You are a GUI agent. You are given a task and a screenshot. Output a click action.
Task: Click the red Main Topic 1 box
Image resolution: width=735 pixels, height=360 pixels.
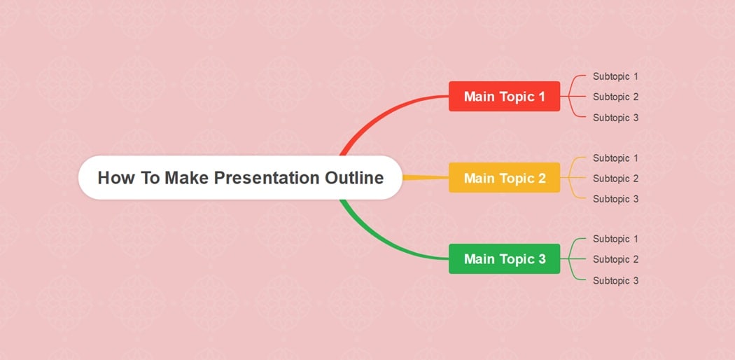click(x=504, y=97)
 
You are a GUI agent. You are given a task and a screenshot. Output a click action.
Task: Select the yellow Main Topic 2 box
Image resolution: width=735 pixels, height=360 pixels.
click(x=504, y=178)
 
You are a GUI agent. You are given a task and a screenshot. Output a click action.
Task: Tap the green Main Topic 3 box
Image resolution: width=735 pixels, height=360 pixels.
click(x=504, y=259)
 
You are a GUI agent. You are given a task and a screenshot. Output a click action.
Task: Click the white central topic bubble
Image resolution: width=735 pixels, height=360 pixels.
click(x=240, y=178)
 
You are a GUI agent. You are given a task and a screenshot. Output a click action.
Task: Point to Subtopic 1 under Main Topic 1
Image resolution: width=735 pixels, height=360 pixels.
click(x=615, y=76)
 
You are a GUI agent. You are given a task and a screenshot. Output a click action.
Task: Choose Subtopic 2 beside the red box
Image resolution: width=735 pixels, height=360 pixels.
click(x=615, y=97)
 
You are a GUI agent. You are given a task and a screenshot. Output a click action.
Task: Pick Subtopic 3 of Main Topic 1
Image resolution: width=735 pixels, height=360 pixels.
click(x=615, y=118)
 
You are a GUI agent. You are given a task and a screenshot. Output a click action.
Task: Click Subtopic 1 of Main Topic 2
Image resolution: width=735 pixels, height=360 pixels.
click(x=615, y=158)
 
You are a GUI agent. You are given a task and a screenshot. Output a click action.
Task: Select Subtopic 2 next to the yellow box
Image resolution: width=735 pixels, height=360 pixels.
click(x=615, y=179)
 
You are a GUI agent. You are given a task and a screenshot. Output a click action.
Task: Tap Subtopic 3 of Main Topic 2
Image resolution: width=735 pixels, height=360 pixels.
click(x=615, y=199)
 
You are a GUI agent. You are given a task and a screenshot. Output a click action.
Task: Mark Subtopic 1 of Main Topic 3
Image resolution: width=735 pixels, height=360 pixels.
click(x=615, y=239)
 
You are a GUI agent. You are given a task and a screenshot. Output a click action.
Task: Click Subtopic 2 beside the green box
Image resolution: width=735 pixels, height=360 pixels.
click(x=615, y=259)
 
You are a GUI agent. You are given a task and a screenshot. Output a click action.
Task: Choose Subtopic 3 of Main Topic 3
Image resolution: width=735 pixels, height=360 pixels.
click(x=615, y=280)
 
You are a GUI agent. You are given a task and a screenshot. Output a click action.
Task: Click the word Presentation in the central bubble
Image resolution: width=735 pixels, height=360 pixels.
click(x=267, y=178)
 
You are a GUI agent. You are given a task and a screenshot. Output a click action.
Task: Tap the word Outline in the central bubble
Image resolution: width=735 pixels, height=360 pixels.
click(x=354, y=178)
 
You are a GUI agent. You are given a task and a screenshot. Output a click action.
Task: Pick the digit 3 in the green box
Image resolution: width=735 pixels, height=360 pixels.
click(x=542, y=259)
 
